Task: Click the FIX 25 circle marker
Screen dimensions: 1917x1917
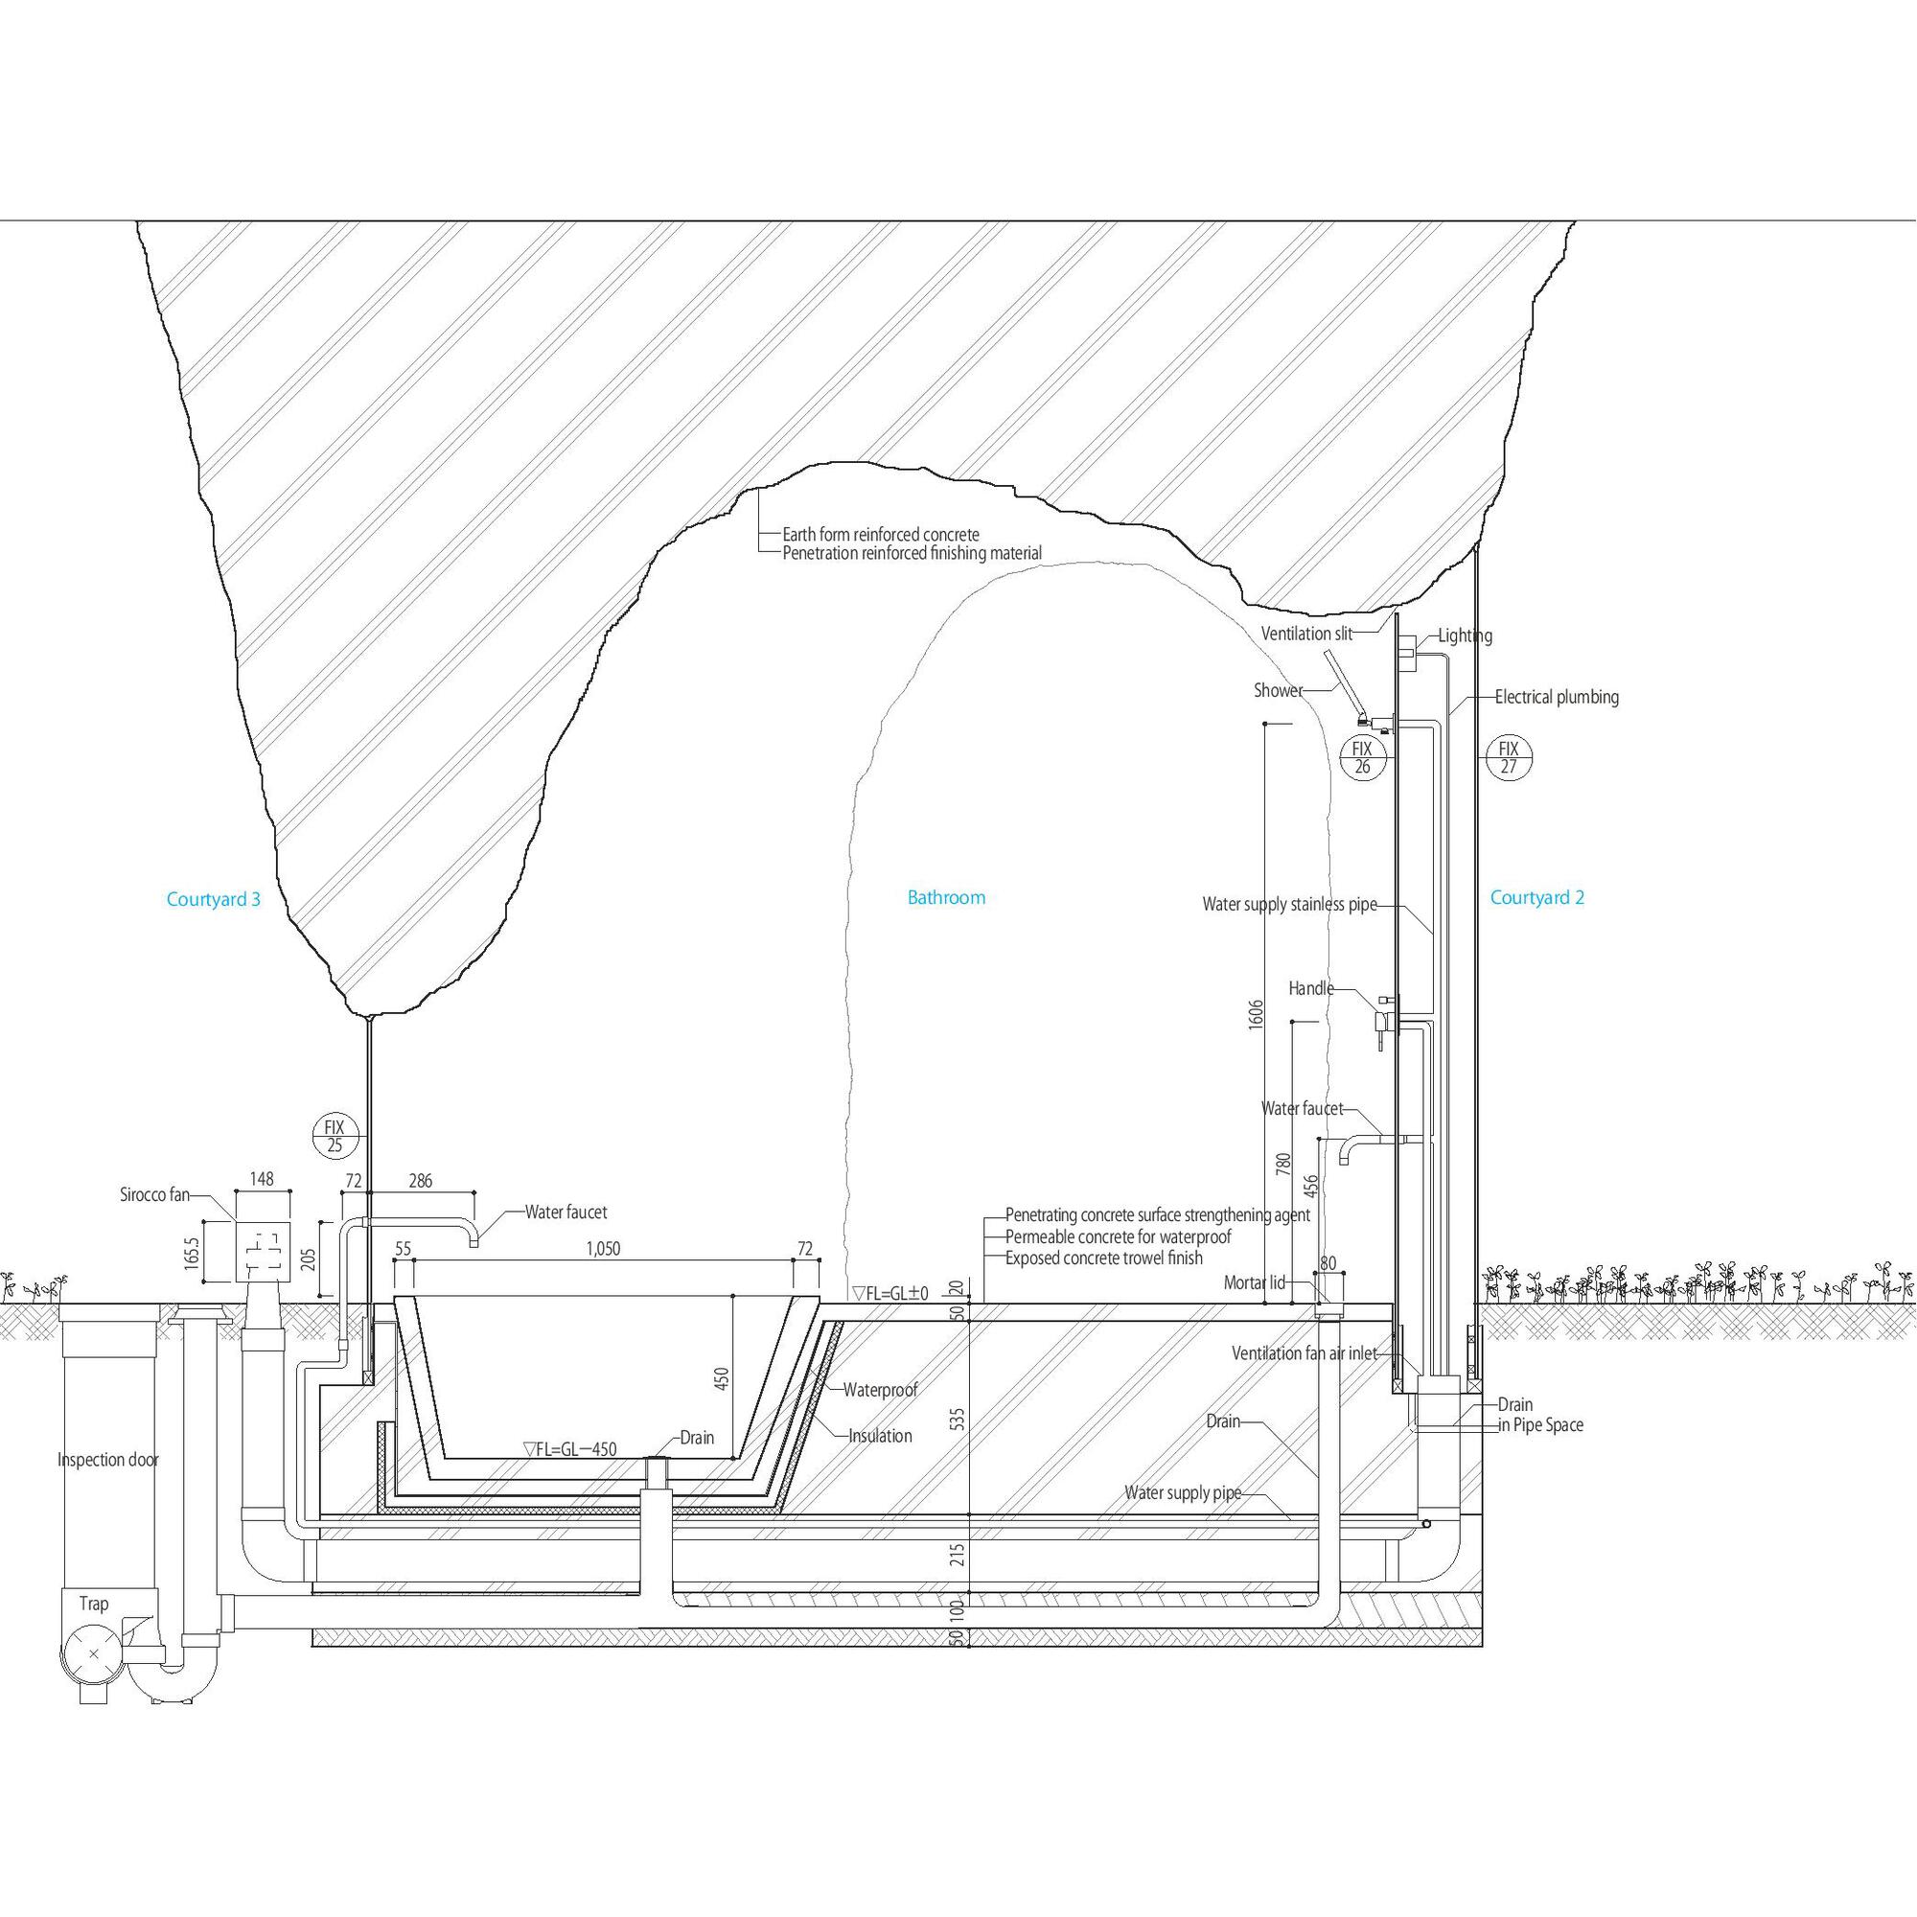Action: pyautogui.click(x=335, y=1136)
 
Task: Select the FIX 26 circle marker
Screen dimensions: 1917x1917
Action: pyautogui.click(x=1362, y=757)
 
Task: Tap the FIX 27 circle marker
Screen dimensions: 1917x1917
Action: pyautogui.click(x=1508, y=757)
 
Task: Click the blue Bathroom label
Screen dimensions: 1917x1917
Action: pyautogui.click(x=947, y=898)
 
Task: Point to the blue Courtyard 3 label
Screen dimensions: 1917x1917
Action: pyautogui.click(x=214, y=900)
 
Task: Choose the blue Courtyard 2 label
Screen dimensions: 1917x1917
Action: pyautogui.click(x=1537, y=898)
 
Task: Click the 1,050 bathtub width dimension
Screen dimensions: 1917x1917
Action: pyautogui.click(x=603, y=1249)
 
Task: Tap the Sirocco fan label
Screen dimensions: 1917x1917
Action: pyautogui.click(x=153, y=1195)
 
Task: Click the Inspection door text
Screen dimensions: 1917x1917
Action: pyautogui.click(x=107, y=1460)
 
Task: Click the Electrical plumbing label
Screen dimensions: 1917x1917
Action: pyautogui.click(x=1556, y=698)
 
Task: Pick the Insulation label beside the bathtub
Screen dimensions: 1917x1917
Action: pyautogui.click(x=879, y=1436)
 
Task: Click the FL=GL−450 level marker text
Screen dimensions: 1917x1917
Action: pyautogui.click(x=569, y=1449)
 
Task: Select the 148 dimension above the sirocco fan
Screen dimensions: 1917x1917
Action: pyautogui.click(x=262, y=1179)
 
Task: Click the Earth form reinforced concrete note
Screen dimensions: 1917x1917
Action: pyautogui.click(x=880, y=535)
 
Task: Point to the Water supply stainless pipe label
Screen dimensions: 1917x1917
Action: pyautogui.click(x=1289, y=904)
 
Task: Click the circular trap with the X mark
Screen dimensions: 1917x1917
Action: pyautogui.click(x=93, y=1653)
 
